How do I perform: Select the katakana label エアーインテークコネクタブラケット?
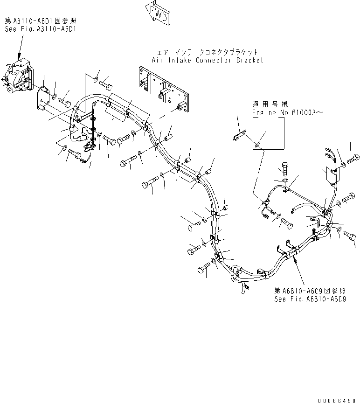(208, 53)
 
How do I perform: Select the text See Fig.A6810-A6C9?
(310, 299)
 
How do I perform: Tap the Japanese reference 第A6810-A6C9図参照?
(310, 292)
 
